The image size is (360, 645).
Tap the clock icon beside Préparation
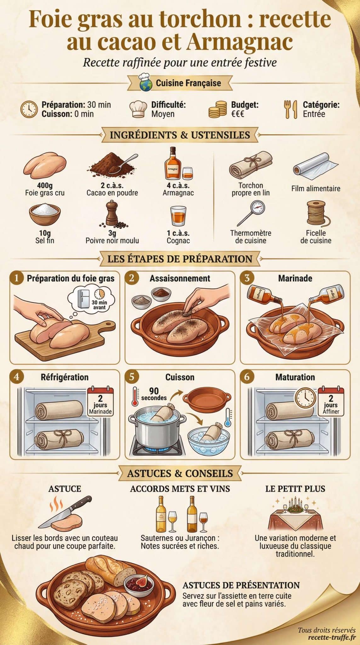[x=29, y=109]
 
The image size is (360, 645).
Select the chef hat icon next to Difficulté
[x=138, y=109]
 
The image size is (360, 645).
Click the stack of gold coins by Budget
[x=218, y=109]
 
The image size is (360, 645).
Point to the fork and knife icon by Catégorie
[x=290, y=109]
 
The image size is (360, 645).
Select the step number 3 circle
[x=247, y=278]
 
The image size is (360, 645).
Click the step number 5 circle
[x=132, y=377]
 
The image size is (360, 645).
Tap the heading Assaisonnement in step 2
[x=180, y=278]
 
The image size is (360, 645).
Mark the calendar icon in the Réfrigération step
[x=100, y=400]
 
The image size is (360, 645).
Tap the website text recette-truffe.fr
[x=332, y=637]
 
